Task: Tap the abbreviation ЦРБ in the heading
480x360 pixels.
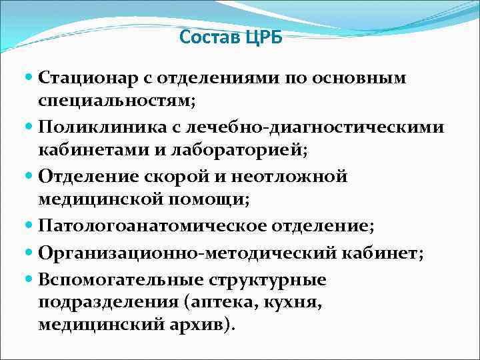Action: click(263, 37)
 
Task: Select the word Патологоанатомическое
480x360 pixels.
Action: click(151, 226)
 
